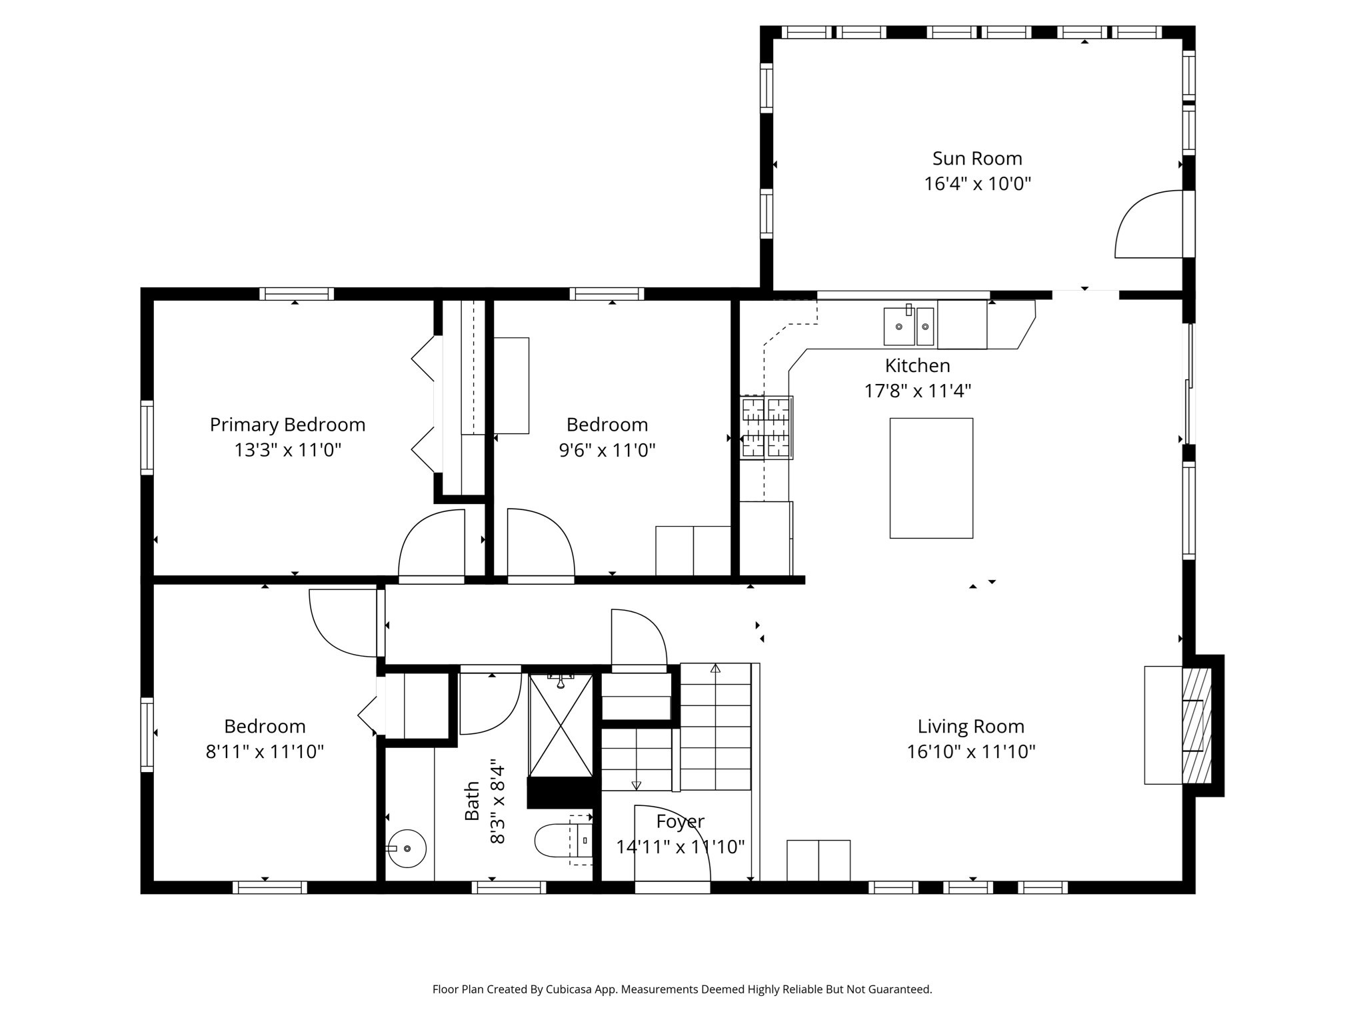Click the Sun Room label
976,159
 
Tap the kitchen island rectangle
931,478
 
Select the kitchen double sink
908,327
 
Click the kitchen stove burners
766,427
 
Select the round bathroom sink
407,848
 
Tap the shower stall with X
561,725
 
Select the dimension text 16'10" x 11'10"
970,752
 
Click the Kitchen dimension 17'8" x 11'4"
917,391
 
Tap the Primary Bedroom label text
287,425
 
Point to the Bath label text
472,801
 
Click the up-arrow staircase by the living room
715,727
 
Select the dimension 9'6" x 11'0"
607,451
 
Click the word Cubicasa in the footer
571,989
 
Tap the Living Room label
970,726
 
